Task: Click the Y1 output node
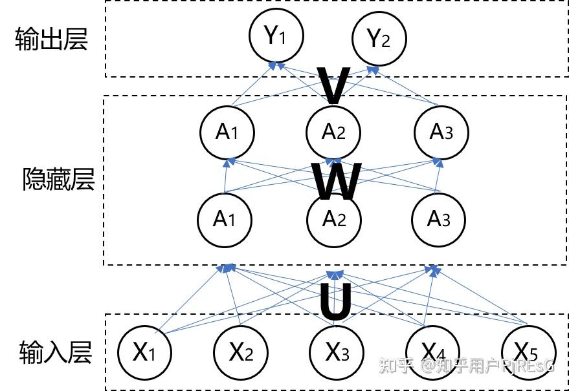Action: (276, 35)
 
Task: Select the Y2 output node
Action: (379, 38)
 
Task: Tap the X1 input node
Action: (144, 352)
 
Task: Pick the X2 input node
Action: (241, 352)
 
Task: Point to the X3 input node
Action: (337, 352)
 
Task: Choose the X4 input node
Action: (432, 352)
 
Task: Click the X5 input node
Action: (528, 352)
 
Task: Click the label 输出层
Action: (51, 39)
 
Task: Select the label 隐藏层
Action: (58, 179)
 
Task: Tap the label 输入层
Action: (56, 352)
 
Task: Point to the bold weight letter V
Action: (333, 85)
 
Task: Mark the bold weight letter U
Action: (336, 302)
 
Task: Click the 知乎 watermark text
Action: (396, 365)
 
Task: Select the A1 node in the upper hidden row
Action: (227, 132)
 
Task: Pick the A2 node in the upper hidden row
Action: (333, 132)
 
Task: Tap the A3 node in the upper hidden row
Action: (441, 132)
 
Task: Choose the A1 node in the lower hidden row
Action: (225, 220)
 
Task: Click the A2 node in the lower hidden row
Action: (334, 220)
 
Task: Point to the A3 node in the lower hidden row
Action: (439, 220)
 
